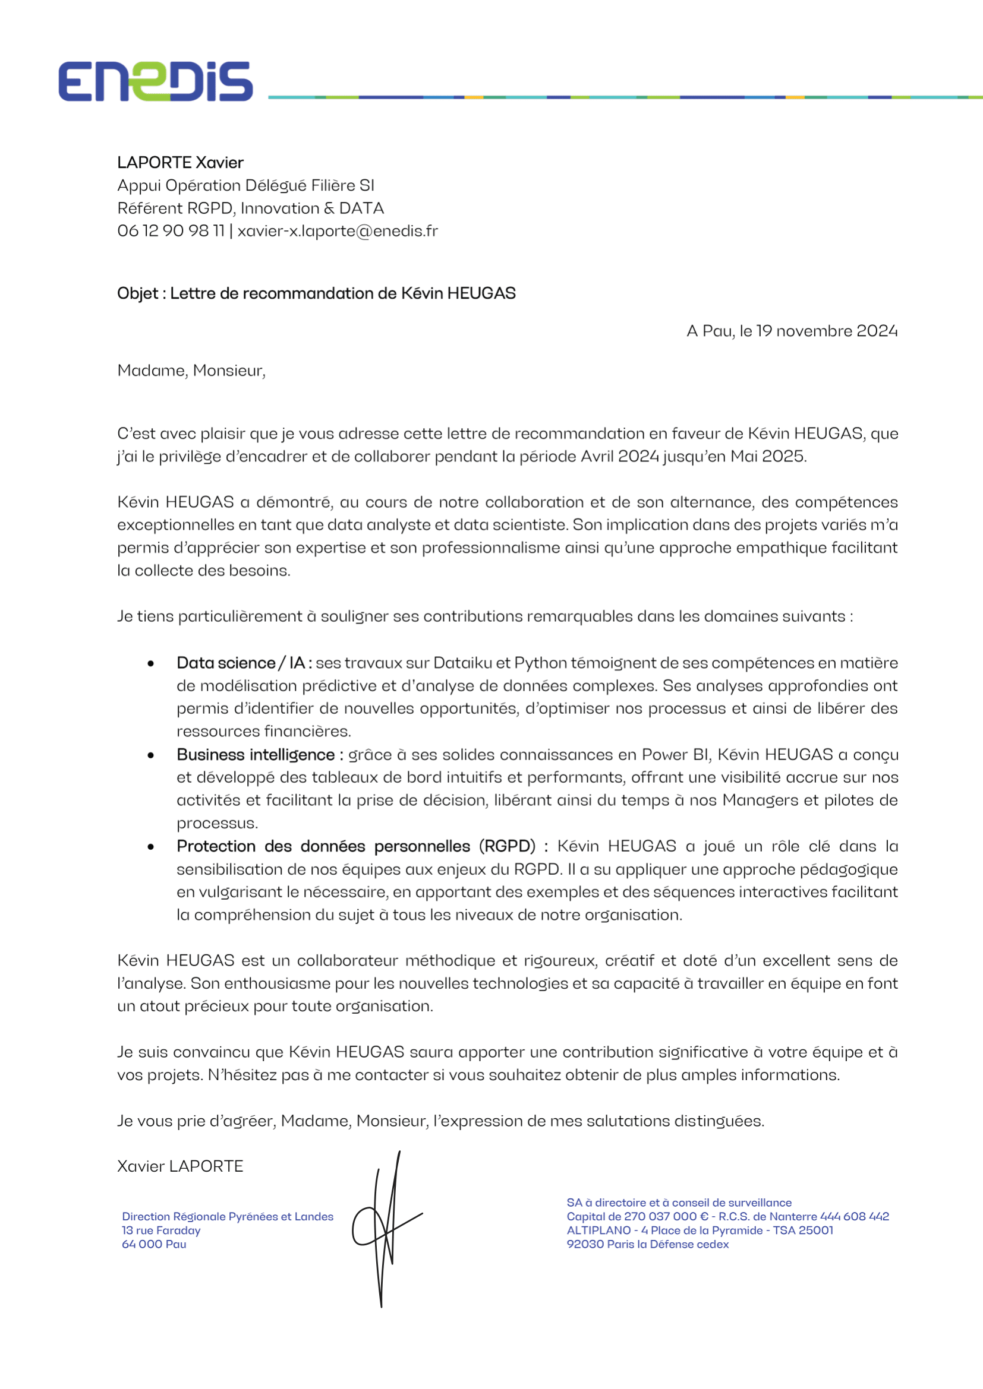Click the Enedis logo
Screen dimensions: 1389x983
point(156,81)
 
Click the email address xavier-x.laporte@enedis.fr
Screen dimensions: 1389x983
point(337,231)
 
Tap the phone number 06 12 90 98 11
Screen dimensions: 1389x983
point(171,231)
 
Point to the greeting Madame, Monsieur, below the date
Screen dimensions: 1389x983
point(191,370)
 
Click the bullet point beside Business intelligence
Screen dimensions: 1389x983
point(151,755)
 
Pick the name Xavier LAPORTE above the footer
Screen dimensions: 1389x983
point(179,1166)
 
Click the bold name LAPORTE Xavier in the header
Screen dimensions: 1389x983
point(179,163)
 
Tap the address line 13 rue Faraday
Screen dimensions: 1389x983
point(161,1230)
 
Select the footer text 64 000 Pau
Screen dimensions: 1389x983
point(154,1245)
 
